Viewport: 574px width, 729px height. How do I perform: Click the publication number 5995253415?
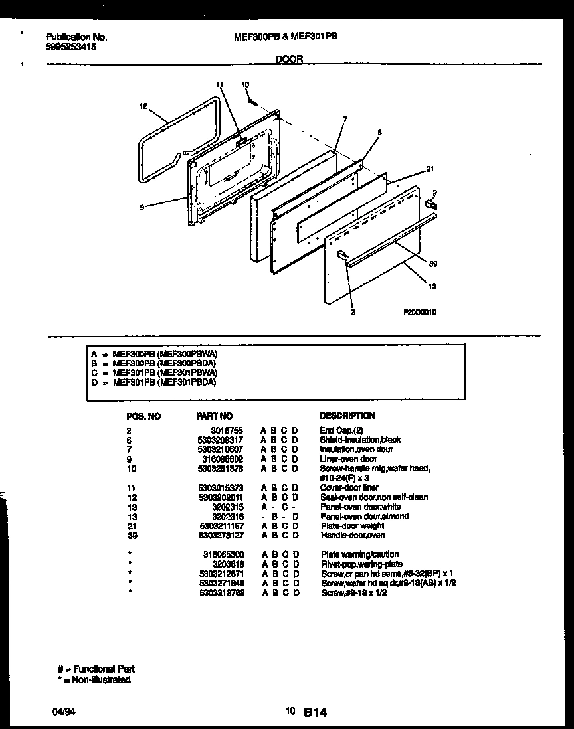(x=75, y=47)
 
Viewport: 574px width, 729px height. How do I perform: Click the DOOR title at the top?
(x=289, y=59)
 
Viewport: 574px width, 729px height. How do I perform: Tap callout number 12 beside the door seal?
(x=142, y=105)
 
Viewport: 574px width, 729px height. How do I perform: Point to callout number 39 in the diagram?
(x=432, y=264)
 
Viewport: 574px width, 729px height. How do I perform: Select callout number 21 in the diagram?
(x=430, y=169)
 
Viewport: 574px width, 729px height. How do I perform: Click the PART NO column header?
(x=214, y=416)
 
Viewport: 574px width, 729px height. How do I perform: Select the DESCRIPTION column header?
(x=347, y=416)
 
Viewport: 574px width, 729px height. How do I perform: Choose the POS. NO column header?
(x=143, y=416)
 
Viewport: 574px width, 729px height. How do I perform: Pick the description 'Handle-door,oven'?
(x=353, y=535)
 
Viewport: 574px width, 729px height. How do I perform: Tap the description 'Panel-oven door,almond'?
(x=364, y=516)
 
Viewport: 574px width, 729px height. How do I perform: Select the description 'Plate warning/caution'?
(x=360, y=554)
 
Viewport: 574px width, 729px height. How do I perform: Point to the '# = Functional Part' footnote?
(x=96, y=669)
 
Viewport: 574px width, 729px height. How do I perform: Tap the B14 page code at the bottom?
(x=316, y=712)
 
